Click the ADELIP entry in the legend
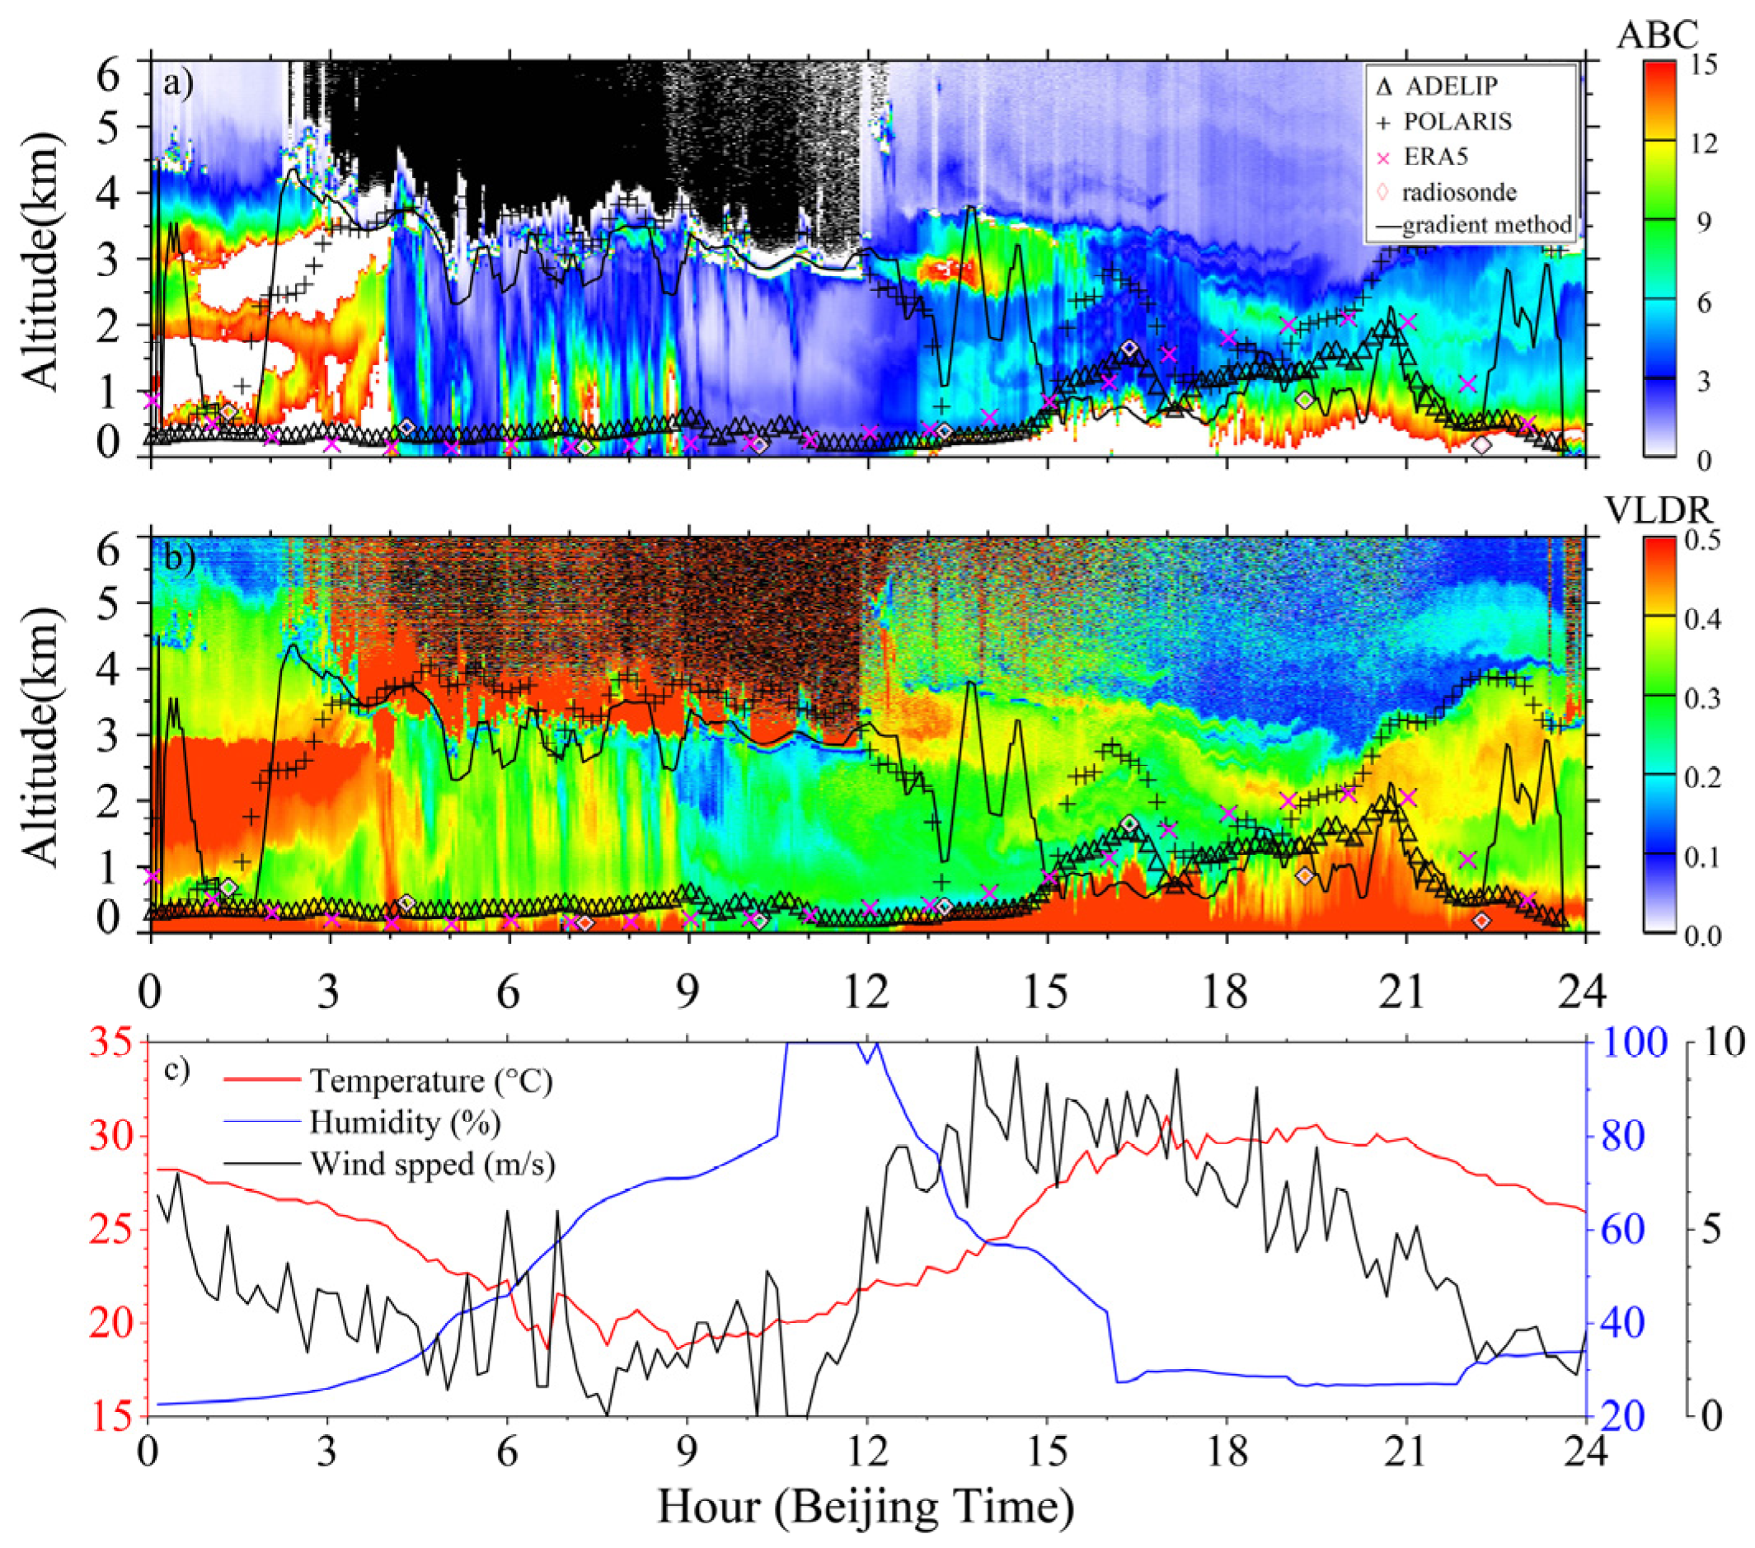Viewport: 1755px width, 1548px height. click(1450, 87)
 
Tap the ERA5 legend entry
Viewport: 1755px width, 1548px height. click(1437, 157)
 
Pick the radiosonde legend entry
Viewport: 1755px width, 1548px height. click(1459, 192)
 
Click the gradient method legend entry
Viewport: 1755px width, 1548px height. click(1485, 226)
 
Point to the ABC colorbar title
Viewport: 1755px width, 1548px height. click(1656, 35)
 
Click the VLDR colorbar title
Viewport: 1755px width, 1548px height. click(1658, 512)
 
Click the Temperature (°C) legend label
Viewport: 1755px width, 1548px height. click(431, 1081)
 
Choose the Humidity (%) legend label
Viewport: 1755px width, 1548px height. click(406, 1122)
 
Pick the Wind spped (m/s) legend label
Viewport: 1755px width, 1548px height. click(433, 1164)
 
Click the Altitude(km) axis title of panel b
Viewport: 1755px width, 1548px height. click(40, 737)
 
